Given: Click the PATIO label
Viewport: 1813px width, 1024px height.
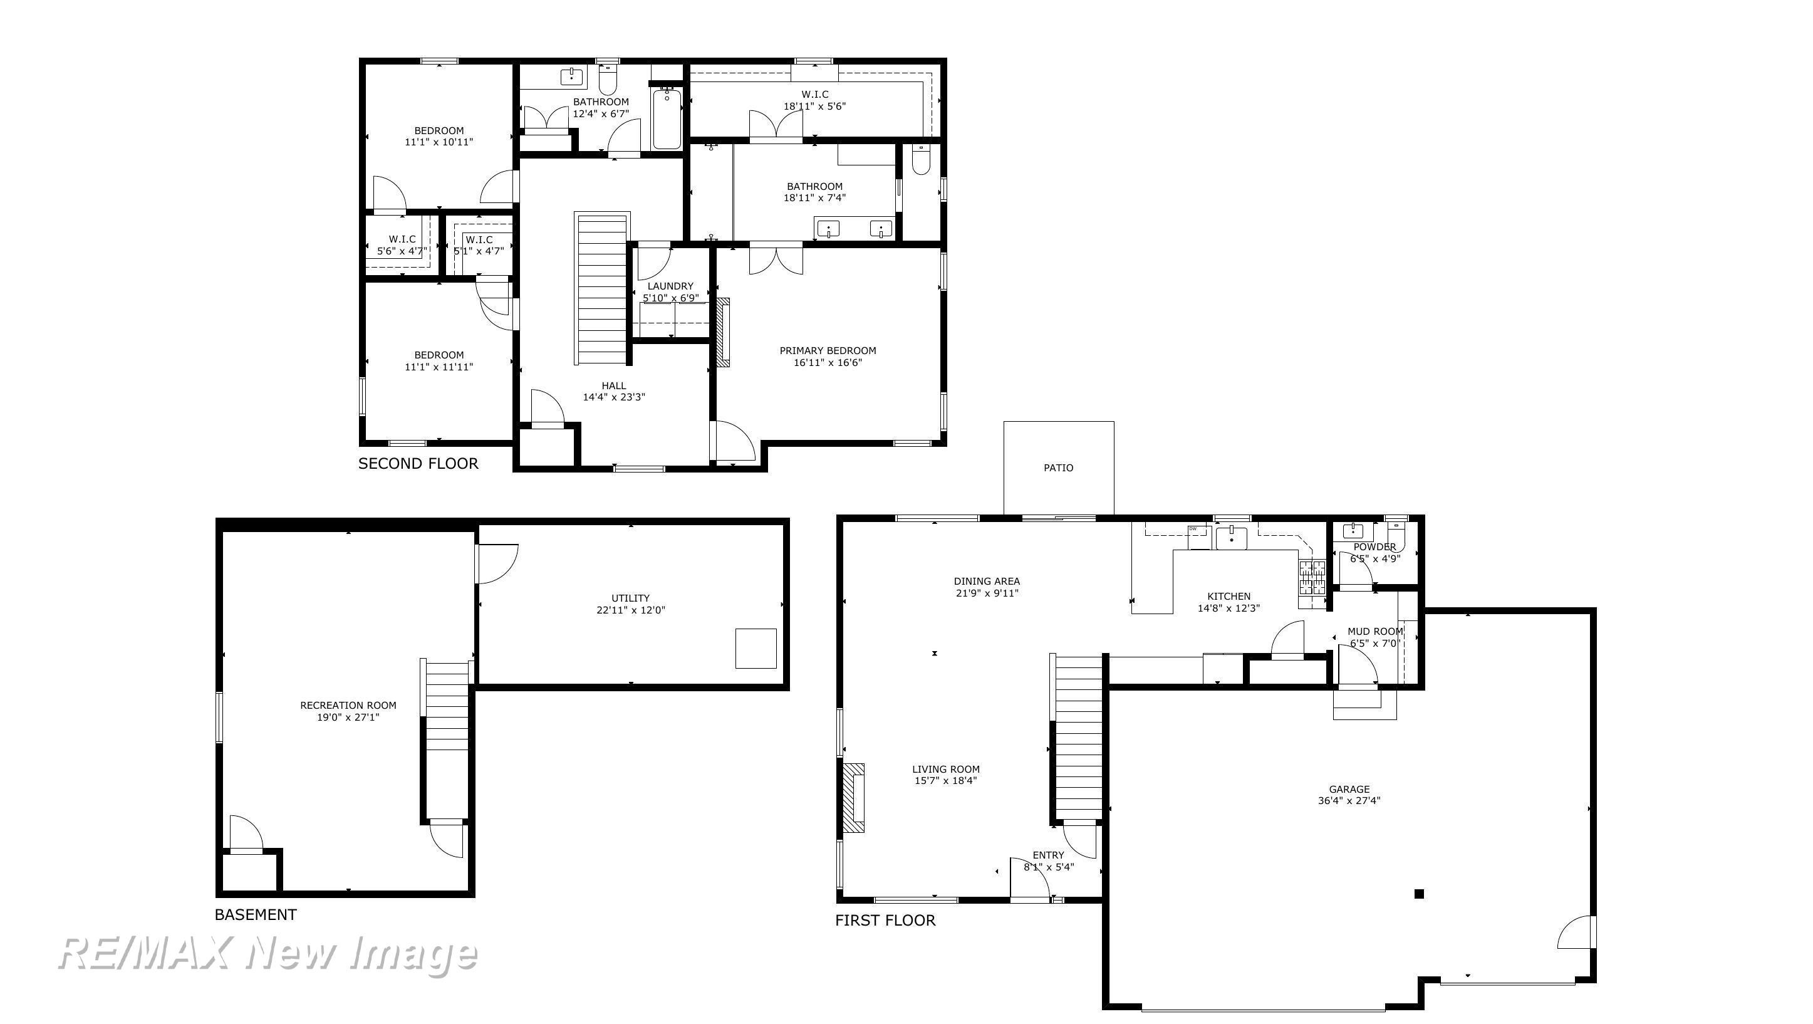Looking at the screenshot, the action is click(1058, 468).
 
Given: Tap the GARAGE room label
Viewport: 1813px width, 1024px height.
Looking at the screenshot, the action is click(1349, 789).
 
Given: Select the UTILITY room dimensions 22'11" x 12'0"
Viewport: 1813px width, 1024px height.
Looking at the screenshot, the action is click(631, 610).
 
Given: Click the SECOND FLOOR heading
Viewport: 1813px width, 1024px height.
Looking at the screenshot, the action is click(418, 463).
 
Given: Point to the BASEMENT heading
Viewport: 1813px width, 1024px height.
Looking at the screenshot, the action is click(256, 914).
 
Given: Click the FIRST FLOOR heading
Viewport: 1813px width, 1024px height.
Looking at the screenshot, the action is click(885, 920).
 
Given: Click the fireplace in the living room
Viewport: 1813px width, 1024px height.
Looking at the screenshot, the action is click(854, 798).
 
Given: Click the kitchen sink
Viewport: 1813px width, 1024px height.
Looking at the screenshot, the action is click(1231, 538).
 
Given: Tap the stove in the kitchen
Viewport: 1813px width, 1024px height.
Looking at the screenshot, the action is click(1312, 578).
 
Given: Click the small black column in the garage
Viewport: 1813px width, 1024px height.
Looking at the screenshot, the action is click(1419, 894).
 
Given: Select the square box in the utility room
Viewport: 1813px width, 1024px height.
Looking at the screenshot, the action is click(756, 648).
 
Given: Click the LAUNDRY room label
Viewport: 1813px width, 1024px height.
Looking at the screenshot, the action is click(670, 286).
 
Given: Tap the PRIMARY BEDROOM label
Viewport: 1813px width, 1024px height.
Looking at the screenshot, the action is click(828, 351).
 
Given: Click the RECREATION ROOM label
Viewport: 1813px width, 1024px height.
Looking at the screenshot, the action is click(348, 705).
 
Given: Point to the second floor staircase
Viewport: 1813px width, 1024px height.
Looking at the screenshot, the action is click(601, 288).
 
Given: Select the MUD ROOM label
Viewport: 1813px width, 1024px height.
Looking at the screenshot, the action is click(1375, 631).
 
